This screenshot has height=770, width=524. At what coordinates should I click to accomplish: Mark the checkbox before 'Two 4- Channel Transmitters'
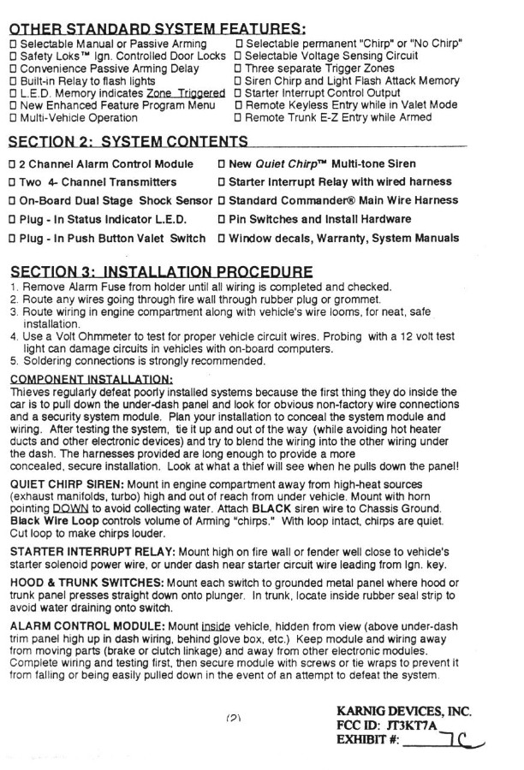tap(13, 182)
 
